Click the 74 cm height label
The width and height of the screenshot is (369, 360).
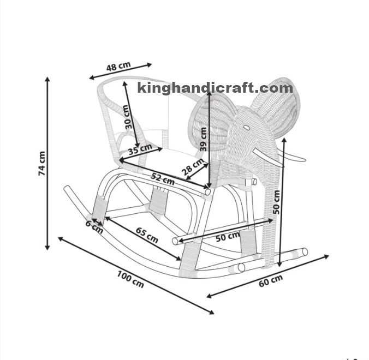(x=41, y=163)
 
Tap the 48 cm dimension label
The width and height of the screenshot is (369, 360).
(x=118, y=67)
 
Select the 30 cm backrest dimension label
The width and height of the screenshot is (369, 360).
(x=129, y=117)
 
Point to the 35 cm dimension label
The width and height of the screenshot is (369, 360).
(x=140, y=148)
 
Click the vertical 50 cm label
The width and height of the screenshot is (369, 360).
(x=277, y=201)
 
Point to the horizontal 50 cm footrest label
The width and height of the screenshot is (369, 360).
(x=228, y=236)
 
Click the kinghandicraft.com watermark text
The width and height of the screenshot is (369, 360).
(x=215, y=87)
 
